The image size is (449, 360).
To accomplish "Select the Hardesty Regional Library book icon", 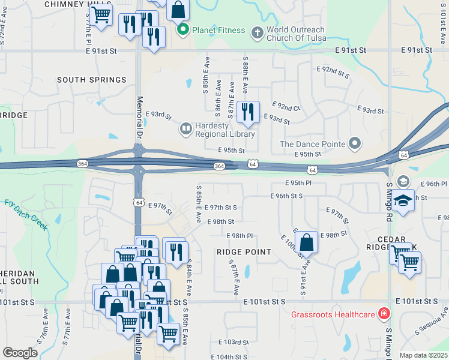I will [185, 128].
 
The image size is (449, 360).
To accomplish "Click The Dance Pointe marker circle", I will [355, 143].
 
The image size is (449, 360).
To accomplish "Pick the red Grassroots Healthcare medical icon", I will [382, 314].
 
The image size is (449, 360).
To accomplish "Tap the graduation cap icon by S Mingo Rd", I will [404, 200].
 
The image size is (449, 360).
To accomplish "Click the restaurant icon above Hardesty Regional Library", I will [247, 112].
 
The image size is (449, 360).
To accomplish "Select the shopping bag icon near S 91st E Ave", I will [306, 243].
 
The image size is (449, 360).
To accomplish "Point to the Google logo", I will [20, 352].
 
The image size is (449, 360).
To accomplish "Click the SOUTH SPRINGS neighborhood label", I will [92, 79].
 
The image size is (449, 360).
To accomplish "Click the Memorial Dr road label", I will [139, 117].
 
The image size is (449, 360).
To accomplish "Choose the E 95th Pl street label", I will [298, 183].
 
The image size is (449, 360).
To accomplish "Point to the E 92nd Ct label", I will [286, 108].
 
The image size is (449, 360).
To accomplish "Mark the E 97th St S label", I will [220, 208].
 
